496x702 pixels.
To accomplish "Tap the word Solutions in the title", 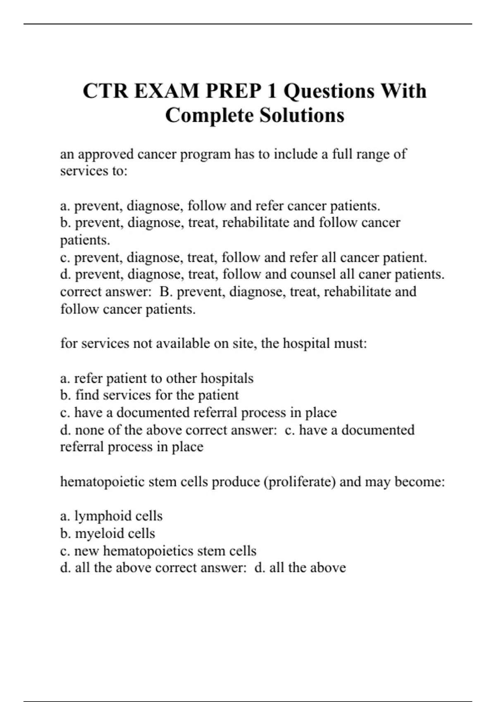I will coord(302,115).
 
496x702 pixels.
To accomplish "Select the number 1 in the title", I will coord(272,91).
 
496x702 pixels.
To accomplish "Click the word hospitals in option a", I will coord(227,378).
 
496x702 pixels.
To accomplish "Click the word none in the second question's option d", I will coord(89,430).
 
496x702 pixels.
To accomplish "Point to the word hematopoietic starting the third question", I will coord(102,482).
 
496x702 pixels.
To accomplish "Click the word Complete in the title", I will coord(210,115).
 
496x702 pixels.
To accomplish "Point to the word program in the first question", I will coord(205,154).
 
